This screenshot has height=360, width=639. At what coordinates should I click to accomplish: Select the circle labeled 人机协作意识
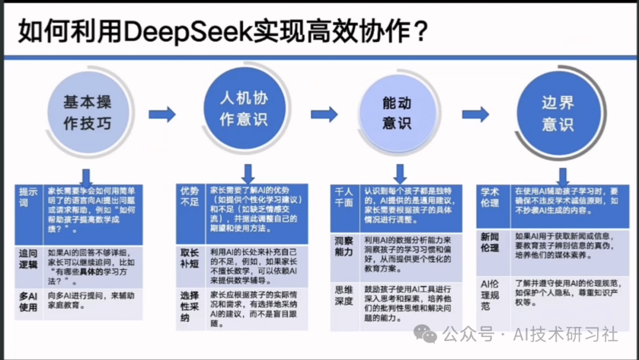tap(244, 108)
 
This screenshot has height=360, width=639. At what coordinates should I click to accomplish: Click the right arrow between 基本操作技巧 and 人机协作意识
tap(162, 114)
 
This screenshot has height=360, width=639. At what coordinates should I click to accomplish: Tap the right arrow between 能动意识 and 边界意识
tap(476, 114)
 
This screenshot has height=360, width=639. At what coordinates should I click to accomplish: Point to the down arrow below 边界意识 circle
tap(563, 176)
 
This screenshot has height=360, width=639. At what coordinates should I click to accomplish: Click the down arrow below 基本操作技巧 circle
tap(86, 176)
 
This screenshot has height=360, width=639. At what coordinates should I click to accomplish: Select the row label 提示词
tap(28, 197)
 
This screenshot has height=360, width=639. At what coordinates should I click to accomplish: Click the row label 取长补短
tap(190, 259)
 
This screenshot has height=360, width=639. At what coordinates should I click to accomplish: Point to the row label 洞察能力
tap(344, 247)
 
